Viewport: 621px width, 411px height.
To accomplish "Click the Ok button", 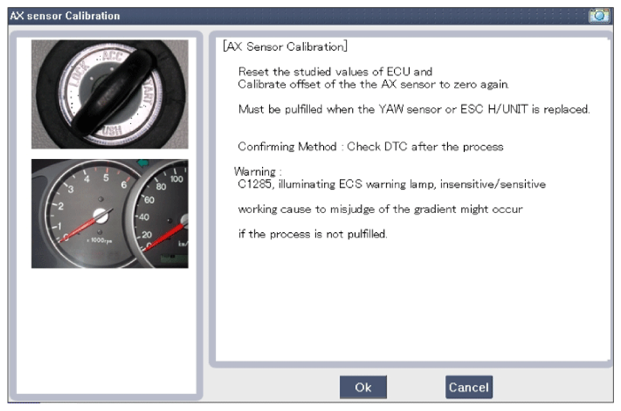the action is coord(363,387).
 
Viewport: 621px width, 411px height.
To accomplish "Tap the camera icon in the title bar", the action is coord(599,15).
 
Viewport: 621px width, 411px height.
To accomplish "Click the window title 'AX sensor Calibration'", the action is coord(65,16).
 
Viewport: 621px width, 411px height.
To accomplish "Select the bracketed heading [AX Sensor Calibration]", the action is coord(285,46).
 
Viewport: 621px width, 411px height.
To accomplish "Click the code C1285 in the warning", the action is coord(254,184).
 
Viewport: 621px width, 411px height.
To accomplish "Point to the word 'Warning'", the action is coord(254,171).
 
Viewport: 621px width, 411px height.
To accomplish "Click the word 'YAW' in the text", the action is coord(391,109).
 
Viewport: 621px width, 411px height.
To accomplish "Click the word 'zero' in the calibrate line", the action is coord(465,84).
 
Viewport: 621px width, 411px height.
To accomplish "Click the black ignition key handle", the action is coord(113,92).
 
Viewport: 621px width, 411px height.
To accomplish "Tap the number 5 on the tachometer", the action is coord(106,178).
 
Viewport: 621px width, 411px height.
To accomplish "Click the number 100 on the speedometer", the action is coord(177,179).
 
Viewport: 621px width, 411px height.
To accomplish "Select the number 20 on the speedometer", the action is coord(146,234).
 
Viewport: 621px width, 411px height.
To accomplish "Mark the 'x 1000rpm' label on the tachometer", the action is coord(99,241).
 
